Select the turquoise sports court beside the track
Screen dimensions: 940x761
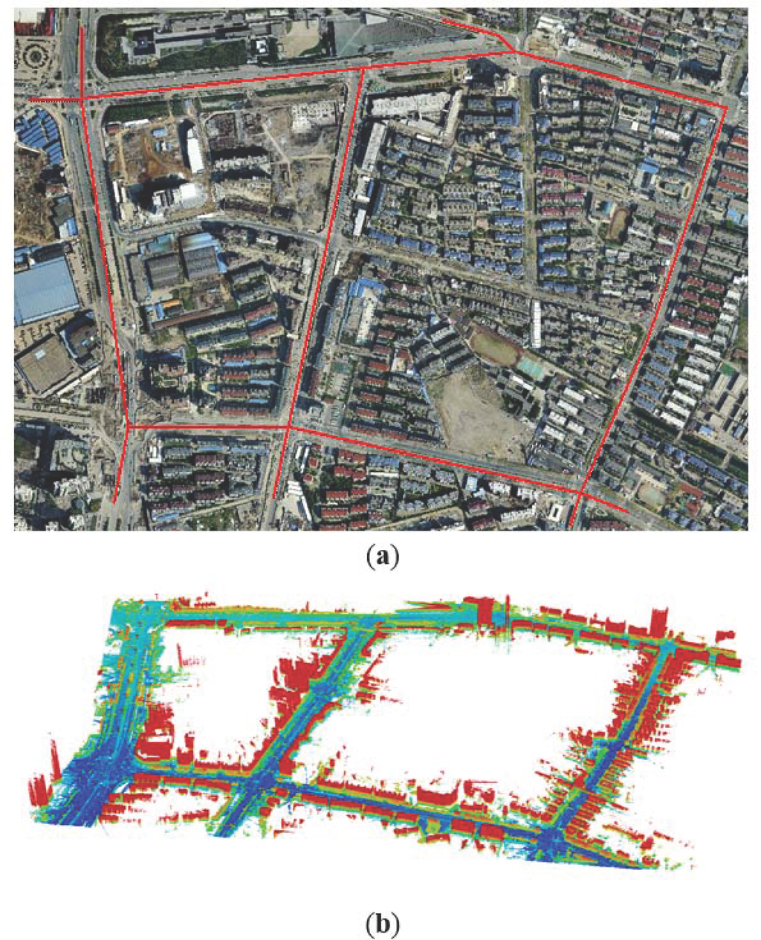pos(529,366)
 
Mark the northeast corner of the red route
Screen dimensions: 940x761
pos(725,108)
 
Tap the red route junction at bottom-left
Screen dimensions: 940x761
pos(128,426)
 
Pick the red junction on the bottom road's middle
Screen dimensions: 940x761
pos(288,427)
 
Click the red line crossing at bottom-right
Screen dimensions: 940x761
pos(579,492)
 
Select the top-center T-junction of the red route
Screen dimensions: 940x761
pos(362,69)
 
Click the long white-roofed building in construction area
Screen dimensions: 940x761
pos(195,152)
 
